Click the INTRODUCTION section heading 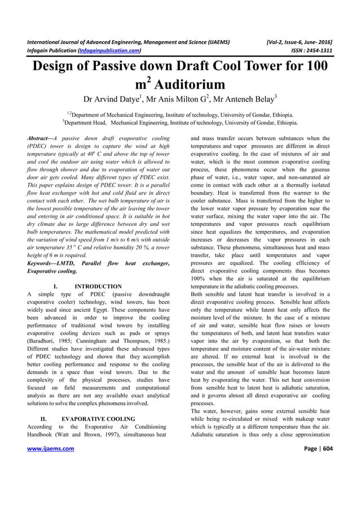click(x=98, y=286)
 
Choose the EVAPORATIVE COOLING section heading click(x=98, y=419)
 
